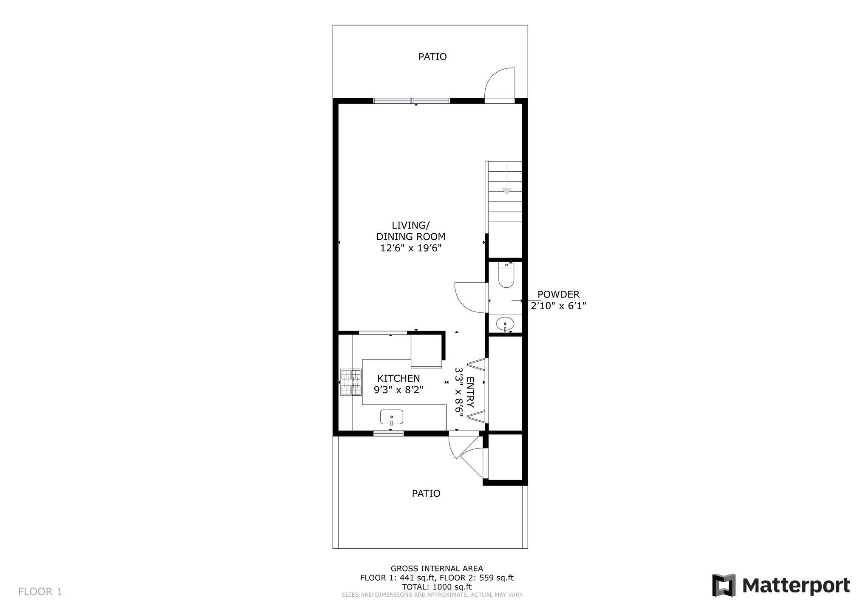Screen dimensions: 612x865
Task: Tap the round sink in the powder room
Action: click(x=505, y=324)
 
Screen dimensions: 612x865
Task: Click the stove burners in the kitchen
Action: click(x=351, y=382)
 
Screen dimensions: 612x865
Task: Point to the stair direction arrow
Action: click(x=506, y=192)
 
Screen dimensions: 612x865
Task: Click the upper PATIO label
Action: click(x=432, y=57)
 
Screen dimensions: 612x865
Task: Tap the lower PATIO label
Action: click(x=426, y=493)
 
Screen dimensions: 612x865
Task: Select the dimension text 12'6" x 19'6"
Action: click(x=411, y=248)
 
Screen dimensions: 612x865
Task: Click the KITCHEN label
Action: click(x=399, y=378)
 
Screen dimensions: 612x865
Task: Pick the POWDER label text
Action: click(x=558, y=294)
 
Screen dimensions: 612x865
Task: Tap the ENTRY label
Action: click(x=470, y=392)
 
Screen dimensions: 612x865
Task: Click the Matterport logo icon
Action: click(x=724, y=585)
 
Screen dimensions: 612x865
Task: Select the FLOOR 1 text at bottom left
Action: click(x=40, y=592)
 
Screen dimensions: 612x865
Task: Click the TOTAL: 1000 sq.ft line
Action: click(x=436, y=587)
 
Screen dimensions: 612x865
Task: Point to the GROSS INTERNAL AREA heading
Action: click(x=436, y=568)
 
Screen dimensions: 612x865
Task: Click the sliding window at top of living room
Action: click(x=411, y=101)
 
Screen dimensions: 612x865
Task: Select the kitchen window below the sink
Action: click(x=388, y=433)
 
